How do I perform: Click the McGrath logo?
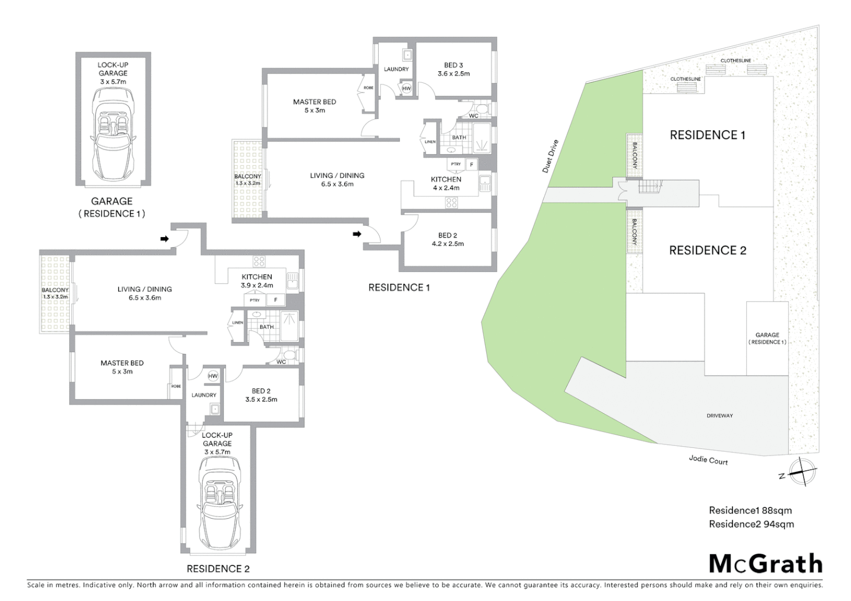point(766,564)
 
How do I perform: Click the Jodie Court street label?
point(708,460)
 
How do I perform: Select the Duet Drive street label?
point(550,156)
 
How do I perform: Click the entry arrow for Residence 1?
point(356,234)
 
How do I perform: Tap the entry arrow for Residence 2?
point(164,239)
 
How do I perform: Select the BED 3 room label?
point(453,65)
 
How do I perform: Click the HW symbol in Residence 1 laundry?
point(407,88)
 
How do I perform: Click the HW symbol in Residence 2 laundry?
point(213,376)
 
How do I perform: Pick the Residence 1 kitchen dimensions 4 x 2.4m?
point(446,188)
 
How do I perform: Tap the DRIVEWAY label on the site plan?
point(720,416)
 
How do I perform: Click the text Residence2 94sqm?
point(751,524)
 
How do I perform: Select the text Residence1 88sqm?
point(750,510)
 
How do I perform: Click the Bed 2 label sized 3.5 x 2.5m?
point(261,395)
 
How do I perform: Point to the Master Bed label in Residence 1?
point(315,102)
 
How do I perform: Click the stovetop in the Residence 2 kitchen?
point(259,261)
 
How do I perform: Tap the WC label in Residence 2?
point(281,362)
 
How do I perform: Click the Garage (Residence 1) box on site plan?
point(767,338)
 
